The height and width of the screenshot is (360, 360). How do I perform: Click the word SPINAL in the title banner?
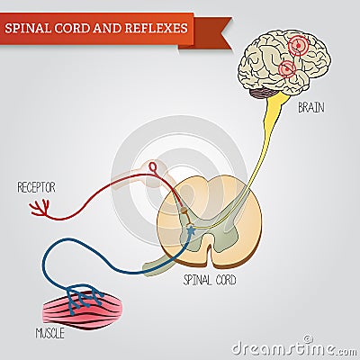28,28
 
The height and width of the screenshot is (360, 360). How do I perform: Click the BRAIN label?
312,109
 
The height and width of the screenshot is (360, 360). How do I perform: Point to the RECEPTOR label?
36,187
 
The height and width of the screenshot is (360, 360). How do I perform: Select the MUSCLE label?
51,334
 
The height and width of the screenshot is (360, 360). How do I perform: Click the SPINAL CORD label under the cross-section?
209,280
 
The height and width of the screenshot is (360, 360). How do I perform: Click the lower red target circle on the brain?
287,68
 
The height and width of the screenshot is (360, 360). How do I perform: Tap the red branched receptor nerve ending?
40,207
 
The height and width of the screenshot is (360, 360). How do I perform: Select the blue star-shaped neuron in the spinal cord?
190,231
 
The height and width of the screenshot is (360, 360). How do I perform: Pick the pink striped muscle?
77,309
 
